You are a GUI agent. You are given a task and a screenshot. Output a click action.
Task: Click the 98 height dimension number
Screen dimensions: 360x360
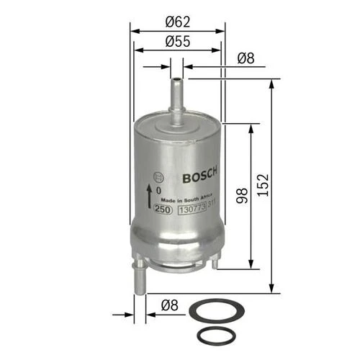pos(241,194)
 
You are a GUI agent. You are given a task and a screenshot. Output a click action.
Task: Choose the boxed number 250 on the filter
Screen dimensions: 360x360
pos(162,210)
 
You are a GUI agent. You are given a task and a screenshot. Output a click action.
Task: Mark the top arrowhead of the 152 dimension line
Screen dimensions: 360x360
pos(271,84)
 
